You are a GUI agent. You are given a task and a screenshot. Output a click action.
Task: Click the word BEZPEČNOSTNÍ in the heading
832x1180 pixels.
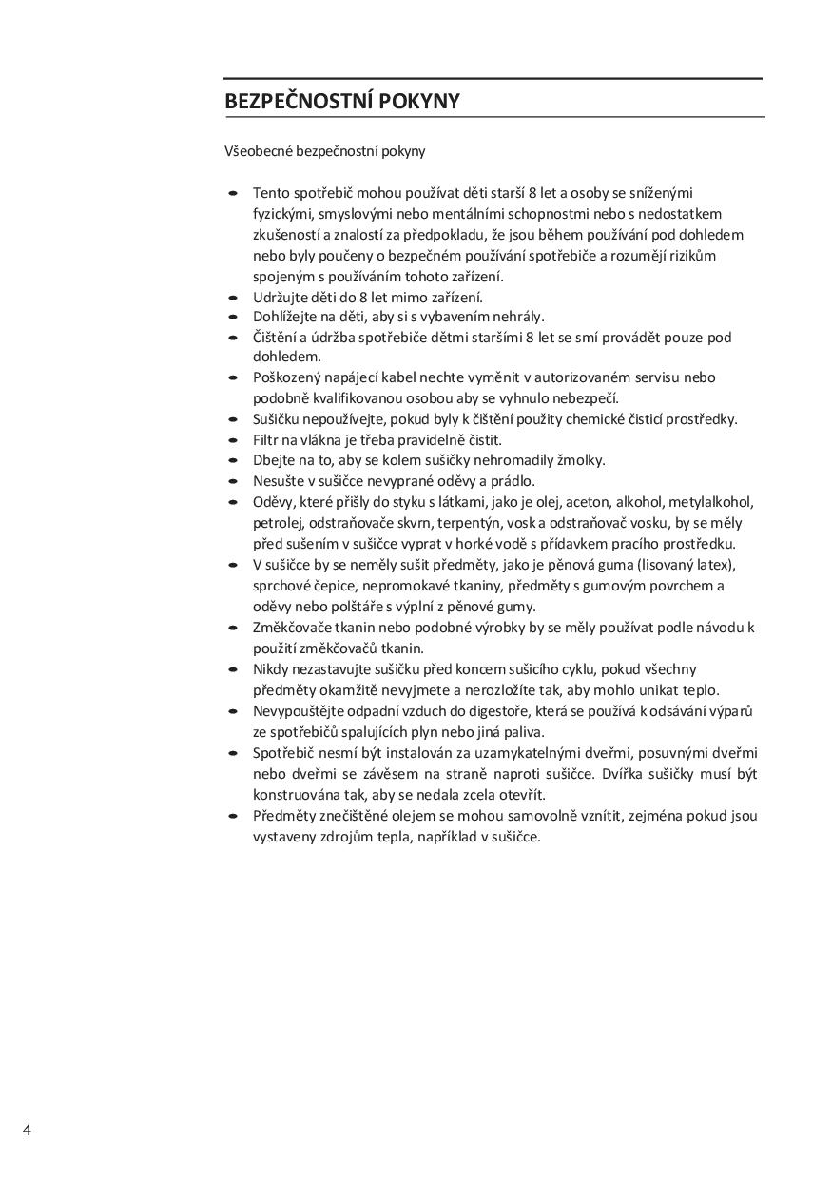point(299,102)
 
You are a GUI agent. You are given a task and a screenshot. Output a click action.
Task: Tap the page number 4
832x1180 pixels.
point(27,1130)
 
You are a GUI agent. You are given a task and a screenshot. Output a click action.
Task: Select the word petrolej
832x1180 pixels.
point(277,523)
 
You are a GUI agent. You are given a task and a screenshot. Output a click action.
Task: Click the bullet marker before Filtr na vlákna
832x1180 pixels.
point(233,440)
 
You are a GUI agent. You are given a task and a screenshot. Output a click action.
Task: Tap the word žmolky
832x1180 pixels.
point(581,460)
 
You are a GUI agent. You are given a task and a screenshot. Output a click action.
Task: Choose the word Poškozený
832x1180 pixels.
point(287,377)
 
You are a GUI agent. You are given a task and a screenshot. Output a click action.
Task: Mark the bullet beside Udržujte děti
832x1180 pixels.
point(233,298)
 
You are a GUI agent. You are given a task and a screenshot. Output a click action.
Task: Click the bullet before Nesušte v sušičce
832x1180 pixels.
point(233,482)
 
